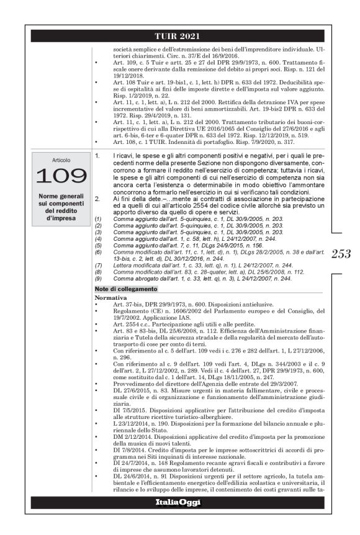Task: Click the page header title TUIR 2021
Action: click(180, 37)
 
